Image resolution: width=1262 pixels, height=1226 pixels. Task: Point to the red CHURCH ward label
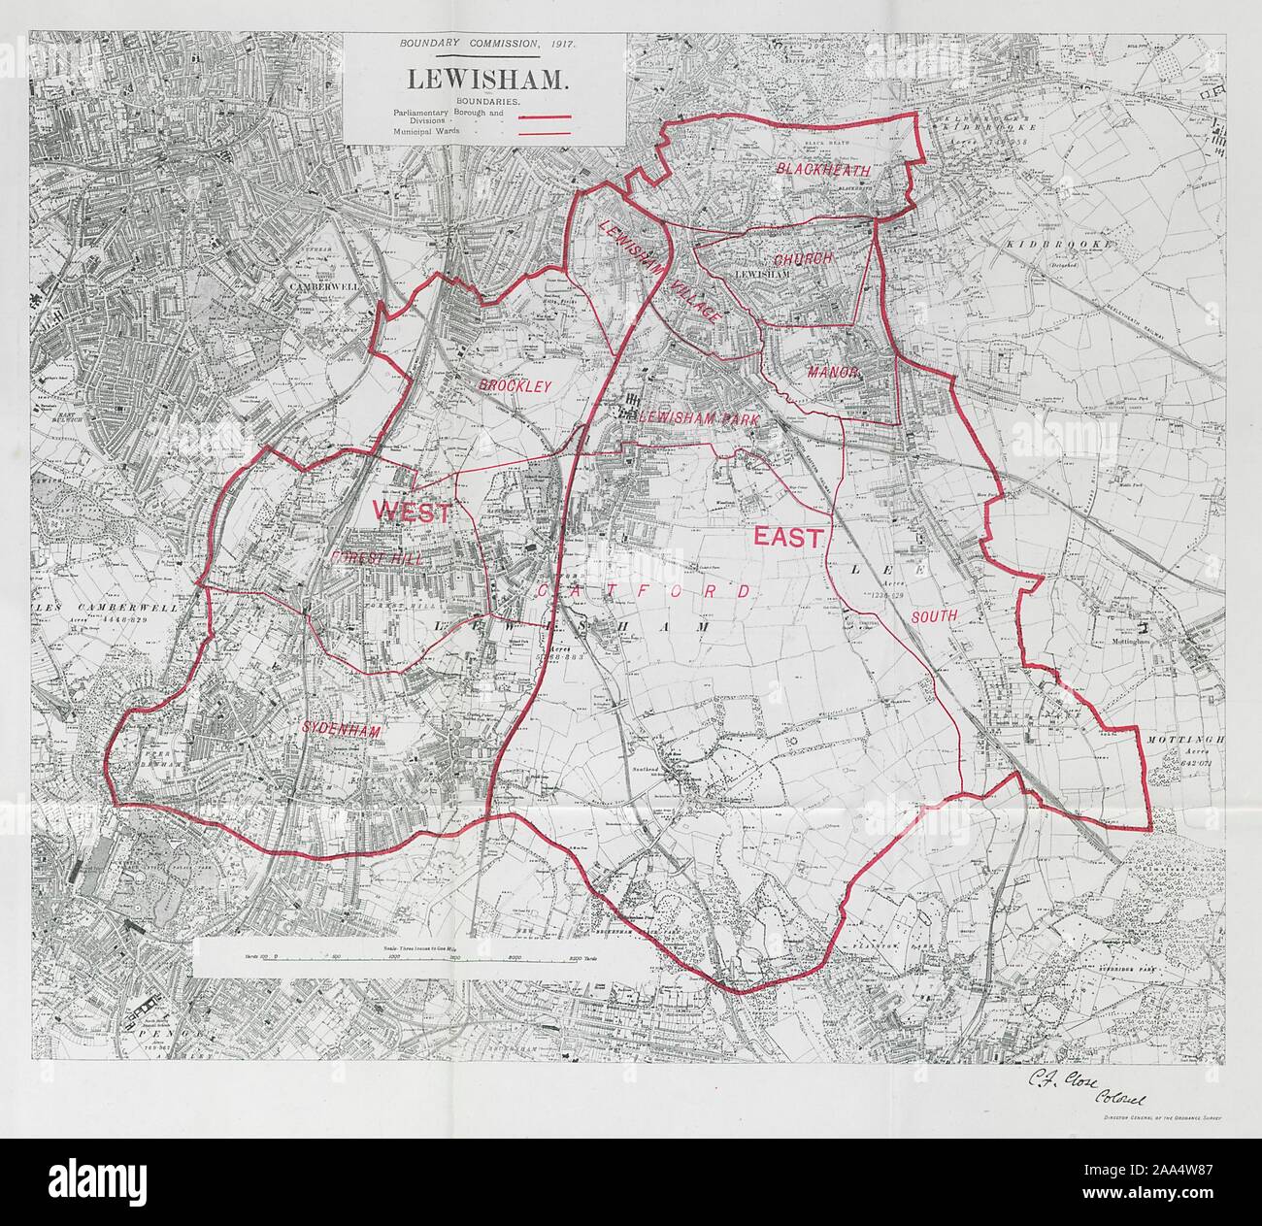(803, 259)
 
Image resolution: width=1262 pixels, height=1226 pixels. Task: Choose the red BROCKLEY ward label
(514, 385)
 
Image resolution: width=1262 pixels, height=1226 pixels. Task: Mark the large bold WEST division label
(412, 511)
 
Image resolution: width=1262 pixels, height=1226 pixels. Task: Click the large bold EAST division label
(785, 536)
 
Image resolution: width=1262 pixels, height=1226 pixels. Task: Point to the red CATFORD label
(641, 590)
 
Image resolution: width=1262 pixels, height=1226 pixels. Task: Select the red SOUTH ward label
(934, 615)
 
